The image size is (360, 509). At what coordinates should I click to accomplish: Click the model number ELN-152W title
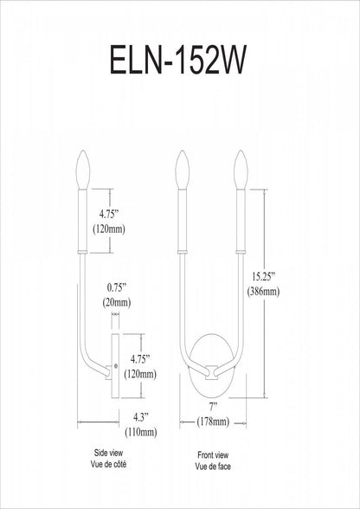pyautogui.click(x=178, y=60)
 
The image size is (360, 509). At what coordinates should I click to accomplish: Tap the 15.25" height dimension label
pyautogui.click(x=264, y=277)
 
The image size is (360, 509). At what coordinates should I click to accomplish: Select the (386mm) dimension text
pyautogui.click(x=263, y=292)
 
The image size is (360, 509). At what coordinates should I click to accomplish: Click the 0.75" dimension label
pyautogui.click(x=117, y=288)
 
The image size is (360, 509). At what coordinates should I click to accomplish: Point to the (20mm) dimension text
pyautogui.click(x=117, y=303)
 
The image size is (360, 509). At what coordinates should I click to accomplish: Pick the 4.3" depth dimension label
pyautogui.click(x=140, y=418)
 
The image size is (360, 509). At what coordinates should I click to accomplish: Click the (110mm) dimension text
pyautogui.click(x=141, y=432)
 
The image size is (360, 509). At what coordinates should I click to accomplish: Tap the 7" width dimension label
pyautogui.click(x=213, y=408)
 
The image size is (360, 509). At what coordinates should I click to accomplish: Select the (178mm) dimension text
pyautogui.click(x=213, y=422)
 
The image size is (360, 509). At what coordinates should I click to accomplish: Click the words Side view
pyautogui.click(x=108, y=453)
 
